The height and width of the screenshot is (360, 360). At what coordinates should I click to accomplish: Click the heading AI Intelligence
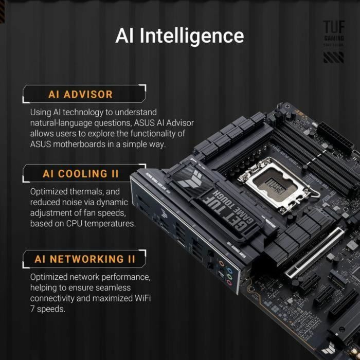pos(179,35)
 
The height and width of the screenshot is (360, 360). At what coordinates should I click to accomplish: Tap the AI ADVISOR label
pos(80,95)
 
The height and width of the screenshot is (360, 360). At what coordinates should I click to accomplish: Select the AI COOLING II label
pos(81,174)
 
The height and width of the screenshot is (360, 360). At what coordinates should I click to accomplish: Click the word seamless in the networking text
pos(112,288)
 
